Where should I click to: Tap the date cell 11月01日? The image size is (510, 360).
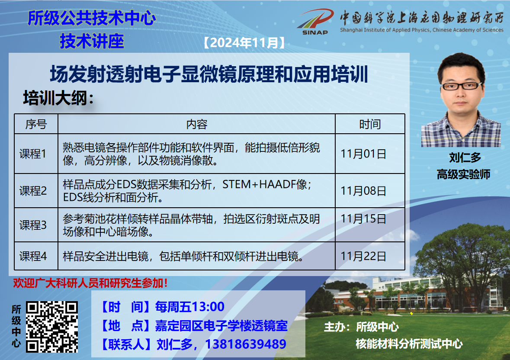tap(363, 154)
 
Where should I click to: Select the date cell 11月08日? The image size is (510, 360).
tap(363, 190)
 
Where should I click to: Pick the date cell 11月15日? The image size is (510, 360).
tap(363, 219)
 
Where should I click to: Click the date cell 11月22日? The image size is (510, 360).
tap(363, 256)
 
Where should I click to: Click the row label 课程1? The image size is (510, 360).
tap(33, 154)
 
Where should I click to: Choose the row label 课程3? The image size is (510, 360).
tap(33, 225)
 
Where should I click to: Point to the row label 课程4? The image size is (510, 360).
tap(33, 256)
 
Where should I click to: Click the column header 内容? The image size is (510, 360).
tap(196, 124)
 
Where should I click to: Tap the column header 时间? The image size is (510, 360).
tap(370, 124)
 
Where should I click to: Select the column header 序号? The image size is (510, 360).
tap(36, 124)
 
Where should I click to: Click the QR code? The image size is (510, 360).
tap(52, 327)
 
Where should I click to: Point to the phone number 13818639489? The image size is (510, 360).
tap(246, 344)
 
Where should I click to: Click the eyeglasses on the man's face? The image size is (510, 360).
tap(462, 86)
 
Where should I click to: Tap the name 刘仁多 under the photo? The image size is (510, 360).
tap(465, 157)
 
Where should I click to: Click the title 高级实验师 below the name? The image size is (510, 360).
tap(463, 175)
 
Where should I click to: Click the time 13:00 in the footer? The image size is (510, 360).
tap(208, 307)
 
